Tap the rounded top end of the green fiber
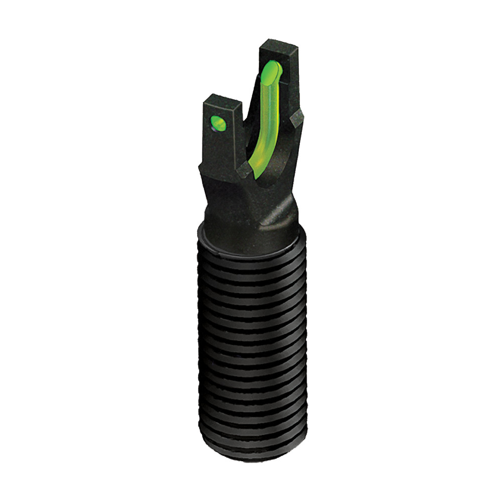(272, 71)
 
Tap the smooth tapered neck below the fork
(246, 206)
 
